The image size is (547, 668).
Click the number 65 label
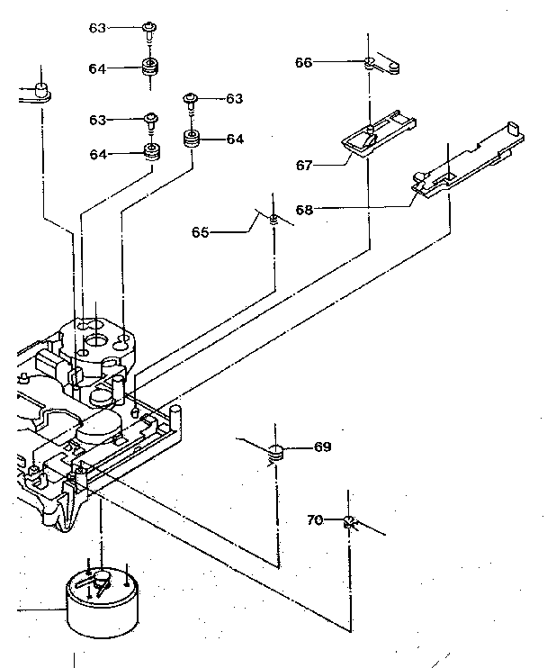click(201, 231)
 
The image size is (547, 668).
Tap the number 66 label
click(304, 62)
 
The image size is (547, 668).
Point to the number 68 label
click(304, 210)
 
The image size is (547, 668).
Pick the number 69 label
click(322, 447)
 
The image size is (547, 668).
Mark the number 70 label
click(315, 519)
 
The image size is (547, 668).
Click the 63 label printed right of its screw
click(234, 98)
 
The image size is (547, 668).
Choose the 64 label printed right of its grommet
click(234, 139)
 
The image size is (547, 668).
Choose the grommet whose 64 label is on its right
click(191, 140)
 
